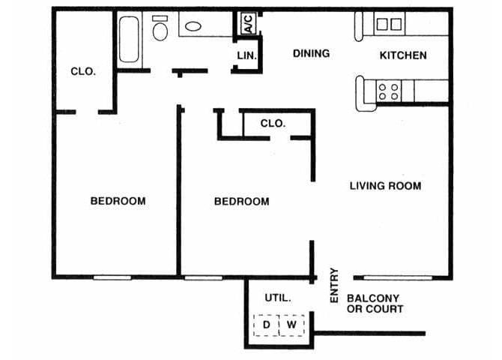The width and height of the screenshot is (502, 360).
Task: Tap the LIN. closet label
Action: (x=247, y=55)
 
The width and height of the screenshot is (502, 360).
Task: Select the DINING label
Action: (x=311, y=53)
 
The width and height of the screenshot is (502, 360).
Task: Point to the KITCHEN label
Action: (x=403, y=55)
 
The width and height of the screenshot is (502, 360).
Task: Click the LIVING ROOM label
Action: (x=385, y=185)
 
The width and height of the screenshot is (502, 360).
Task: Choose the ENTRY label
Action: (x=334, y=286)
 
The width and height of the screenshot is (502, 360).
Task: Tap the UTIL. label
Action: (x=277, y=298)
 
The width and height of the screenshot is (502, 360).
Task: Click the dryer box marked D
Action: (x=266, y=325)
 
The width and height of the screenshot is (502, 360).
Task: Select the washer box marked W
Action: (x=291, y=325)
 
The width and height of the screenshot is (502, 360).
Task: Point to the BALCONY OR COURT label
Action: (x=375, y=303)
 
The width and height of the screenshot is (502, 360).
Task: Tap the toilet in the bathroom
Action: (x=160, y=28)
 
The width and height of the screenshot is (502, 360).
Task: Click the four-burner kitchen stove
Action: (x=387, y=91)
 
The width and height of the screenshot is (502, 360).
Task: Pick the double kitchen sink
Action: (x=387, y=25)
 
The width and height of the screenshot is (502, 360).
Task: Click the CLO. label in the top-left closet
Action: (x=82, y=72)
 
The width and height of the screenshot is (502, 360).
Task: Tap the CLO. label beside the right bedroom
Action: (x=273, y=124)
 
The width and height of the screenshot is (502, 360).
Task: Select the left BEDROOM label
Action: (x=118, y=201)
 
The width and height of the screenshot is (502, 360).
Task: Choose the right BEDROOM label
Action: (x=241, y=201)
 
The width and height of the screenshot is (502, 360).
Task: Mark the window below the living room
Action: (x=397, y=277)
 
